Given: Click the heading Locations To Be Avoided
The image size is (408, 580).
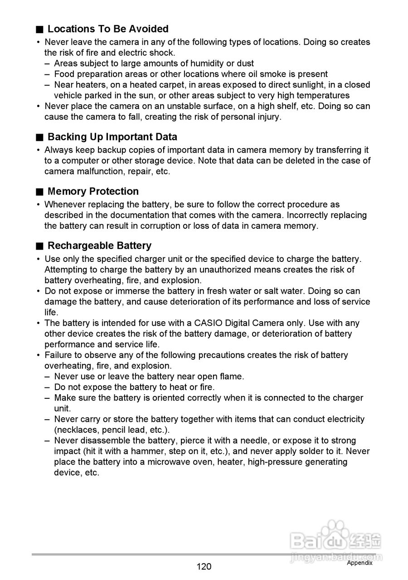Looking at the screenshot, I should (x=108, y=29).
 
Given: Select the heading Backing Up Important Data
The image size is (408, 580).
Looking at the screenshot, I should (x=112, y=137).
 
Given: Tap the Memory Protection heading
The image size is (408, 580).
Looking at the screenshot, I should (x=93, y=191).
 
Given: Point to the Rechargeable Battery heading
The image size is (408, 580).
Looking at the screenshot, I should (x=99, y=246).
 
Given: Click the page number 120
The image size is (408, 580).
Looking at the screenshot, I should (x=204, y=566).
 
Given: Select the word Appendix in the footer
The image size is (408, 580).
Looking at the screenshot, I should (x=359, y=563).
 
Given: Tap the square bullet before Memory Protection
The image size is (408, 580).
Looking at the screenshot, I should (x=40, y=192).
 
